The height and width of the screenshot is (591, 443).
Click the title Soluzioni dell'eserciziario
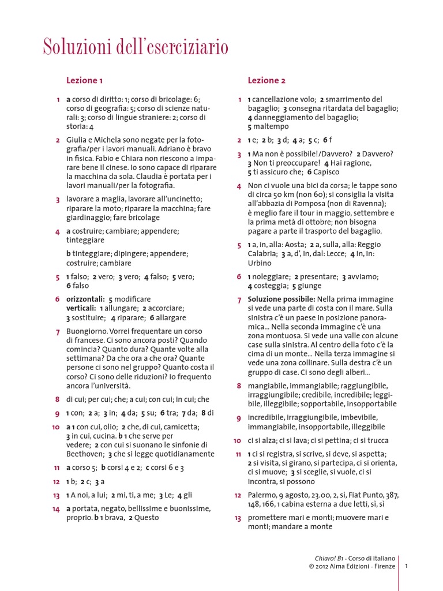[136, 46]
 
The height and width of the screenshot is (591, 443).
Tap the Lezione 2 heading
[266, 80]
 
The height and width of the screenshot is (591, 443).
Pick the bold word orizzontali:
[85, 299]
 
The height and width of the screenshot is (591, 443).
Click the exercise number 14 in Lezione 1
[56, 509]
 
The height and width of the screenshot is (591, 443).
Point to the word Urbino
[260, 263]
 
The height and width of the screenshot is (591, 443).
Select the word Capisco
[326, 172]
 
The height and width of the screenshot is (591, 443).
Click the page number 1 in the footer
[406, 566]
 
